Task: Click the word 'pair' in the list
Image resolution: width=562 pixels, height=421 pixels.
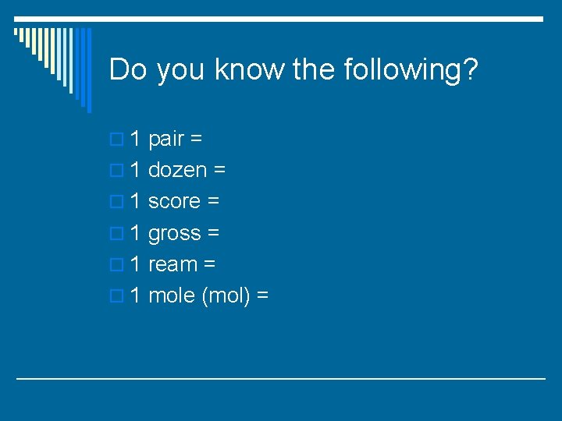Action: pyautogui.click(x=165, y=140)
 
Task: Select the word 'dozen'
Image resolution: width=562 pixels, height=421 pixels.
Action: pyautogui.click(x=177, y=170)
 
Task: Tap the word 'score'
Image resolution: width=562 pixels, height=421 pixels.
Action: pyautogui.click(x=174, y=201)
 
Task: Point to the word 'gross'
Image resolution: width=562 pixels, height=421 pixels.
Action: pyautogui.click(x=174, y=234)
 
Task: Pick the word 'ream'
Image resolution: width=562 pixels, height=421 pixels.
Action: pyautogui.click(x=173, y=264)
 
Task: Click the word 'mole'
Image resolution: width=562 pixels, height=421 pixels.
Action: pyautogui.click(x=172, y=295)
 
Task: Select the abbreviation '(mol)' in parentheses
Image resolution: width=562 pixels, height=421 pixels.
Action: pyautogui.click(x=226, y=296)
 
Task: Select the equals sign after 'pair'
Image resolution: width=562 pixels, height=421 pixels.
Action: pyautogui.click(x=196, y=140)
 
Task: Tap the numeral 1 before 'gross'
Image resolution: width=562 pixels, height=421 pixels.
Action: pyautogui.click(x=135, y=232)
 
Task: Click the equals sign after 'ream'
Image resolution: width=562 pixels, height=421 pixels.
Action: pyautogui.click(x=209, y=265)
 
